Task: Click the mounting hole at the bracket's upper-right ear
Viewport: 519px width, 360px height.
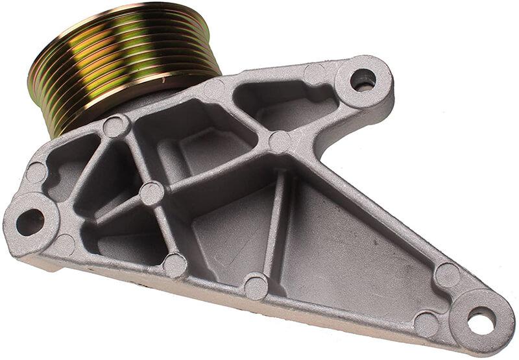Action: tap(363, 80)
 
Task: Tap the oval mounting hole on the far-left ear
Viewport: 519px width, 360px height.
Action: tap(29, 222)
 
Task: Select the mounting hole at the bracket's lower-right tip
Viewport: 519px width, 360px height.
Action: tap(481, 320)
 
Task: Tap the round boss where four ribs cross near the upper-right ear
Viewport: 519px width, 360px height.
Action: tap(280, 141)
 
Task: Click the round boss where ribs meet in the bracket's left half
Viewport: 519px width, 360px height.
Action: tap(151, 193)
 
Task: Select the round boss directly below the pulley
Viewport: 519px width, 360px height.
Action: tap(116, 126)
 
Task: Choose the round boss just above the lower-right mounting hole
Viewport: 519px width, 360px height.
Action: tap(447, 274)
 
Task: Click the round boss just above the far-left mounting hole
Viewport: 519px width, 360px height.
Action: tap(36, 173)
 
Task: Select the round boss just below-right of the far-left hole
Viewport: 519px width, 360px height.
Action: tap(64, 245)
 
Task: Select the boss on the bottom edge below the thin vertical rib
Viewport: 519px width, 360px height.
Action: tap(256, 286)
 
